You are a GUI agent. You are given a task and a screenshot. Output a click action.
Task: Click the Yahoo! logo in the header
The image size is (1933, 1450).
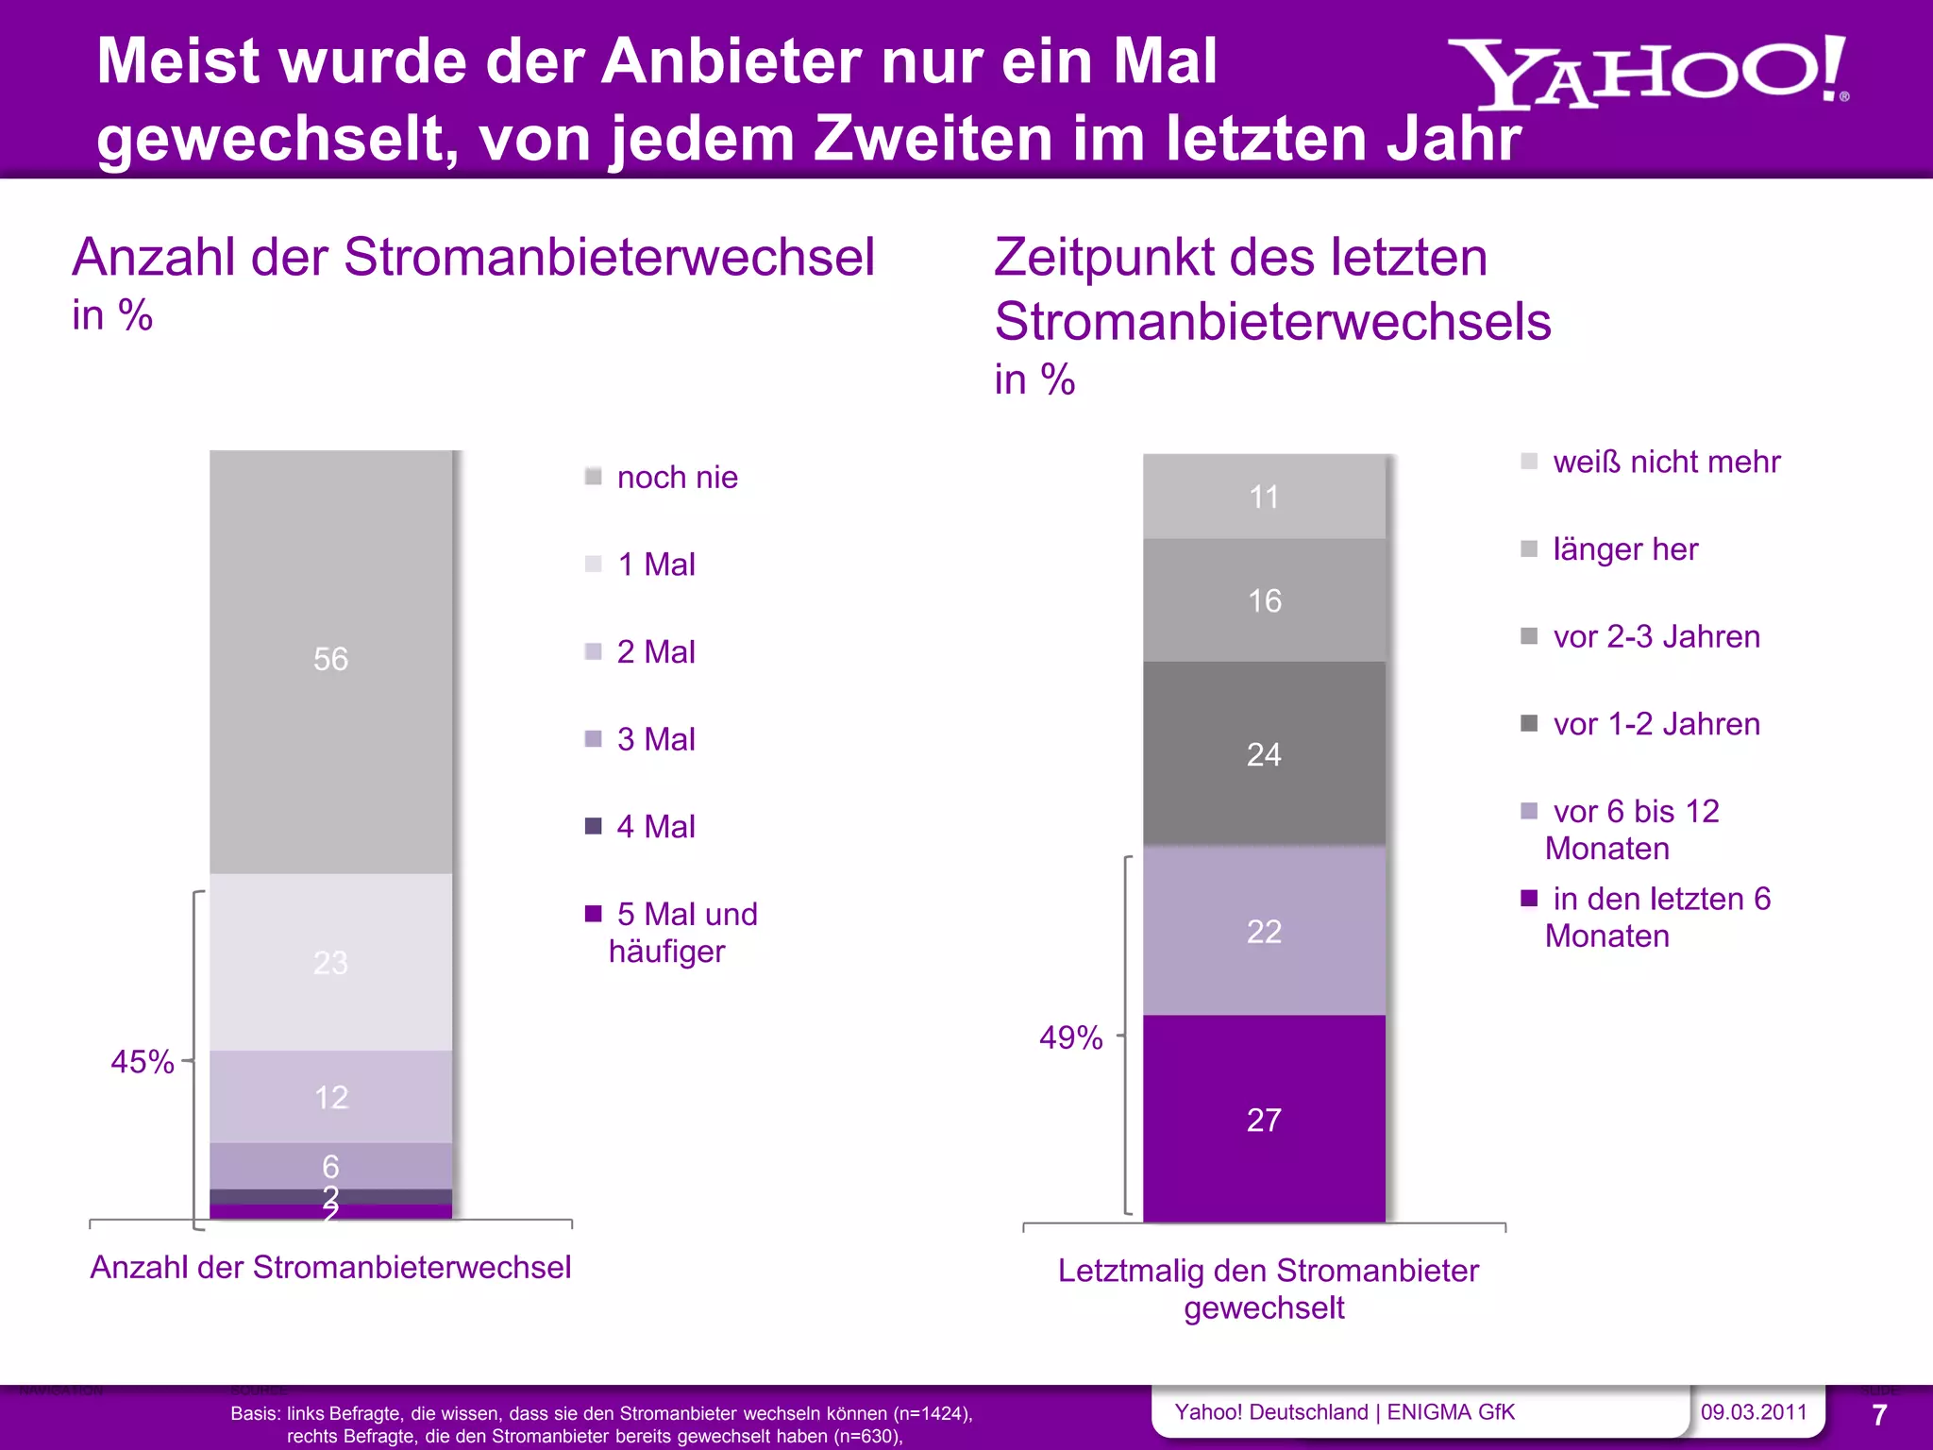coord(1647,74)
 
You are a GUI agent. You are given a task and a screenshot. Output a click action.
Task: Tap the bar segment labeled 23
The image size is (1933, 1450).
coord(330,962)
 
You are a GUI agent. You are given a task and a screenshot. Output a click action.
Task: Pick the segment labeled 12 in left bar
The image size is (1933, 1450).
coord(330,1097)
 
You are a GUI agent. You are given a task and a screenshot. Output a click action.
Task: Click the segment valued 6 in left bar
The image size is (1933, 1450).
coord(330,1166)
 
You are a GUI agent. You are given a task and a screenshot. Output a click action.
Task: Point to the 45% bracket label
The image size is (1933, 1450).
coord(142,1062)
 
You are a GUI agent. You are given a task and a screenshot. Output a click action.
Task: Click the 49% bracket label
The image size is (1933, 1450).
coord(1070,1037)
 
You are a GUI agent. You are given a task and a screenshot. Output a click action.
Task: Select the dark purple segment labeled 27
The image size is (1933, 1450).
coord(1264,1120)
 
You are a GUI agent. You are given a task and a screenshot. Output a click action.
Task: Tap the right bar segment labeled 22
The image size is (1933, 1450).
coord(1264,932)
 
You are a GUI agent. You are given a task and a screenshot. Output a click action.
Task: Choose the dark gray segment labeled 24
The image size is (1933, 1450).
coord(1264,754)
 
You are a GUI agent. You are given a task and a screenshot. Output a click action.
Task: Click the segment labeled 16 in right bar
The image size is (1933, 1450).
coord(1264,600)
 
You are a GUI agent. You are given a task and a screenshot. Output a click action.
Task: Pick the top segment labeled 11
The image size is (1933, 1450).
coord(1264,497)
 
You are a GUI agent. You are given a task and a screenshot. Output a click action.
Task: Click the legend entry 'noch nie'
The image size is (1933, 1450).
coord(677,478)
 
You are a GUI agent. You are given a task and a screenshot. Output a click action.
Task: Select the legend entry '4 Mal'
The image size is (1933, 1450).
coord(655,827)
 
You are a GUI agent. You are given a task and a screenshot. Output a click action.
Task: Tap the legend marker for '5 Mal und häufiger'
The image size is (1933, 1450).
coord(594,914)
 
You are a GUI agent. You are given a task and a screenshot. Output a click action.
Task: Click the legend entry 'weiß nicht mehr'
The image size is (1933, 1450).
coord(1666,462)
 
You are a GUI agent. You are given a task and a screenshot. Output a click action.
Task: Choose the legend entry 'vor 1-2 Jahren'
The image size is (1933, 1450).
coord(1656,724)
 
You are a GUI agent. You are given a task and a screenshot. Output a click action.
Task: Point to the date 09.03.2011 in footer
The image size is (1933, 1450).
coord(1753,1412)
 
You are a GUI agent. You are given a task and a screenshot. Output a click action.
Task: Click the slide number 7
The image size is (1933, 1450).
coord(1878,1415)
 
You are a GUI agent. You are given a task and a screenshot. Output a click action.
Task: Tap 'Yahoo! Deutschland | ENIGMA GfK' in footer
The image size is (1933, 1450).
coord(1344,1412)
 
